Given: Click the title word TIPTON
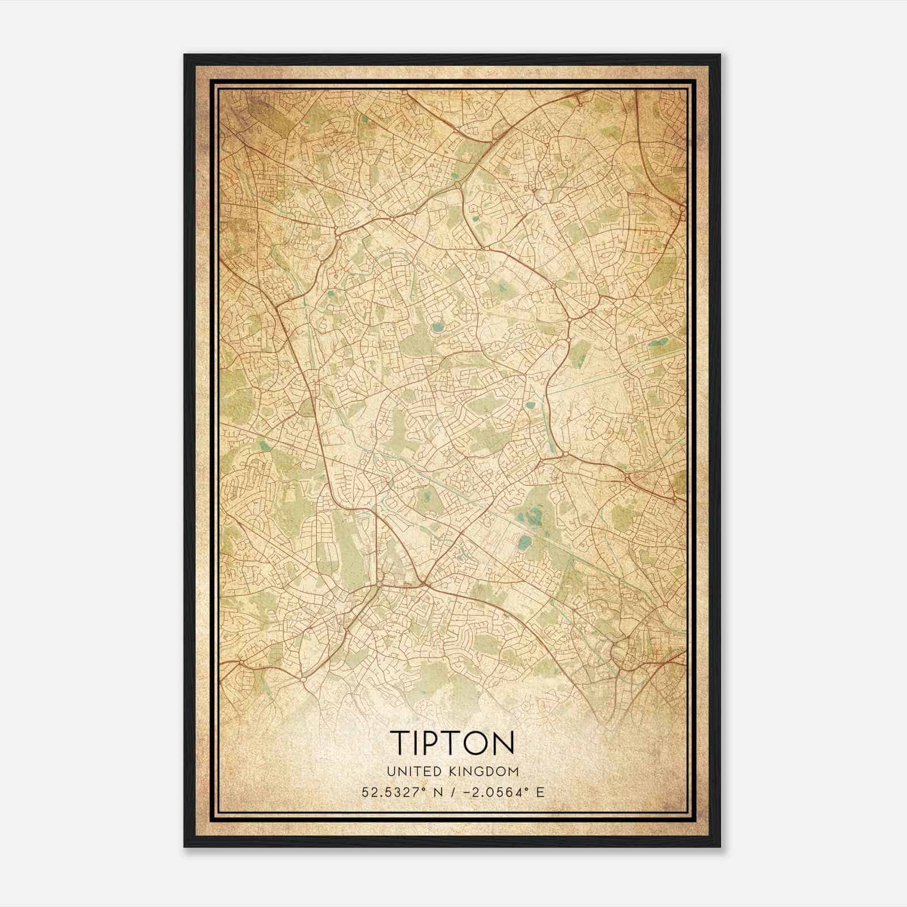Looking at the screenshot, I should pos(452,742).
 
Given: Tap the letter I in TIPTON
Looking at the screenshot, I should pos(416,742).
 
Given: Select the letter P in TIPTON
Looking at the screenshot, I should pos(433,742).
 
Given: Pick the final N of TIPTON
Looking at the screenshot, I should pos(504,742).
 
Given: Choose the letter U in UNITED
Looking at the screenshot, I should pos(391,772).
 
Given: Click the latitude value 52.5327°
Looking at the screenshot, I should pos(392,792).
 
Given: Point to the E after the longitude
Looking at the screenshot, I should pos(540,792).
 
